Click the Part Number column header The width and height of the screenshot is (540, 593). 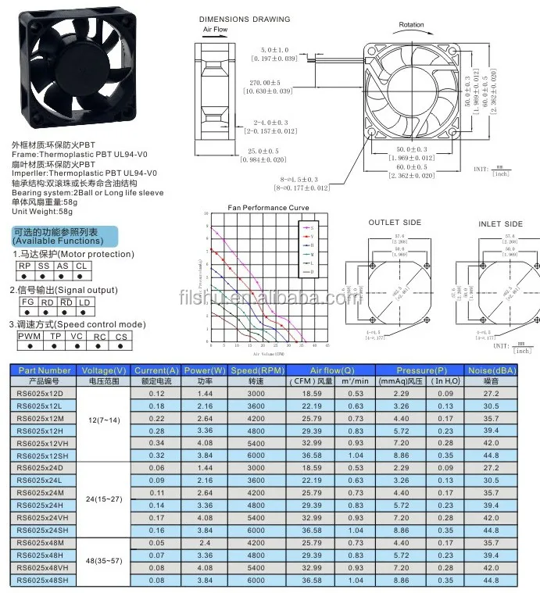44,370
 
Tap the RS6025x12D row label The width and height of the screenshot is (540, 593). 44,393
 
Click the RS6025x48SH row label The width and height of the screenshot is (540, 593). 44,580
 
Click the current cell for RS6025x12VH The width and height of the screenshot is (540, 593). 156,443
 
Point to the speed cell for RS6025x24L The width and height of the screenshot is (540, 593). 256,480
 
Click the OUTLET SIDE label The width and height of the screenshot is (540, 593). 395,223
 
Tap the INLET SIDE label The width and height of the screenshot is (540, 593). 500,224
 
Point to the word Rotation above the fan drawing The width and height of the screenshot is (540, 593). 412,24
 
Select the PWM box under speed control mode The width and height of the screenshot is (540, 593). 30,336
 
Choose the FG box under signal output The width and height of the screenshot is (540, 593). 28,302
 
